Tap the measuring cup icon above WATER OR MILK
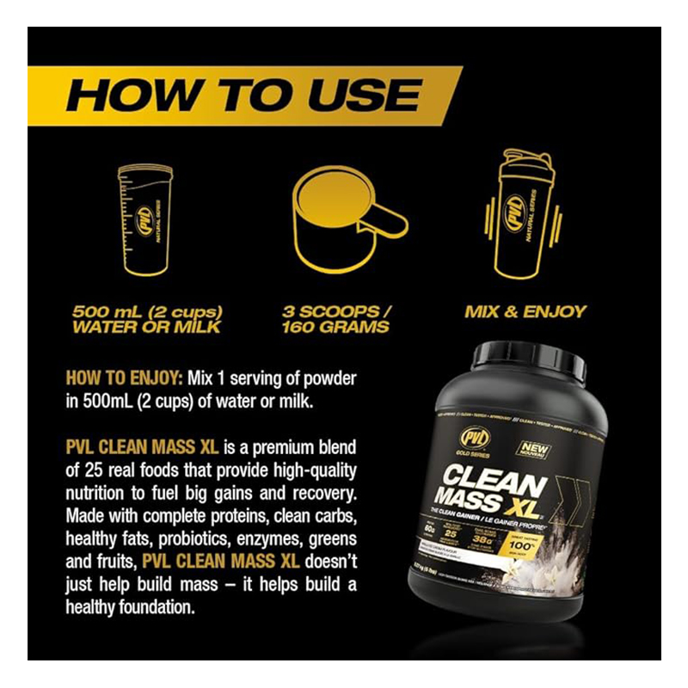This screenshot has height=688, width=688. (144, 219)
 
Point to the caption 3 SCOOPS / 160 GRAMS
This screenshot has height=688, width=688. (336, 318)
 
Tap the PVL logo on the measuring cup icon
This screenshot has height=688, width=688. (151, 212)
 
